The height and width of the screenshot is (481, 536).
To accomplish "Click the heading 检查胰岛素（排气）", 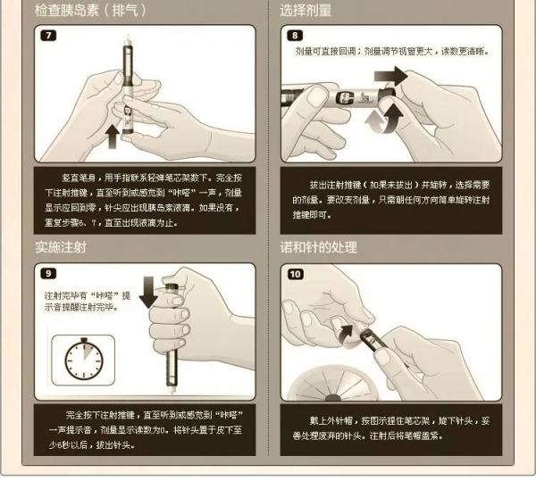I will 90,11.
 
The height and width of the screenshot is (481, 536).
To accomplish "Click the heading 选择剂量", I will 306,11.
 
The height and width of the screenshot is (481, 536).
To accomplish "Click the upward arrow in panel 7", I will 111,137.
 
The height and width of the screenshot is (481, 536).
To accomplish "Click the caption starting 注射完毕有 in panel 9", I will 87,300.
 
